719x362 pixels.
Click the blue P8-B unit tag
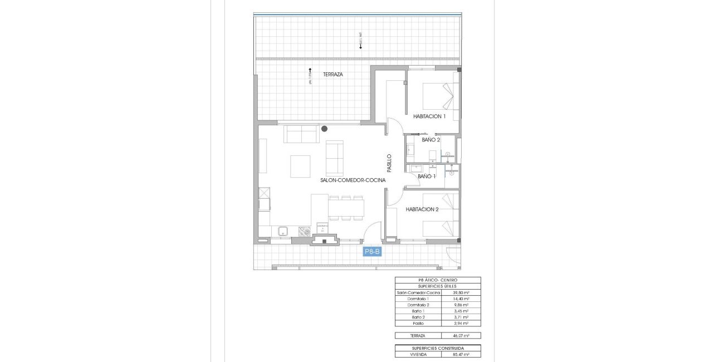[372, 252]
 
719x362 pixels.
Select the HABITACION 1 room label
[429, 116]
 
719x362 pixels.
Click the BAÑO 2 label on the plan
[431, 140]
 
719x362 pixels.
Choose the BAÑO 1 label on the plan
[426, 177]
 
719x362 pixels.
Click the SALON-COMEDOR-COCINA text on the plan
[353, 180]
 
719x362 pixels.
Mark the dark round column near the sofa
[324, 129]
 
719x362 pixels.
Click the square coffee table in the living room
[300, 165]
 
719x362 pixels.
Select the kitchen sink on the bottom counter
[282, 230]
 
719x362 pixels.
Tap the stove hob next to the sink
[304, 231]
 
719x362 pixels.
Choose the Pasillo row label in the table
[418, 323]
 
